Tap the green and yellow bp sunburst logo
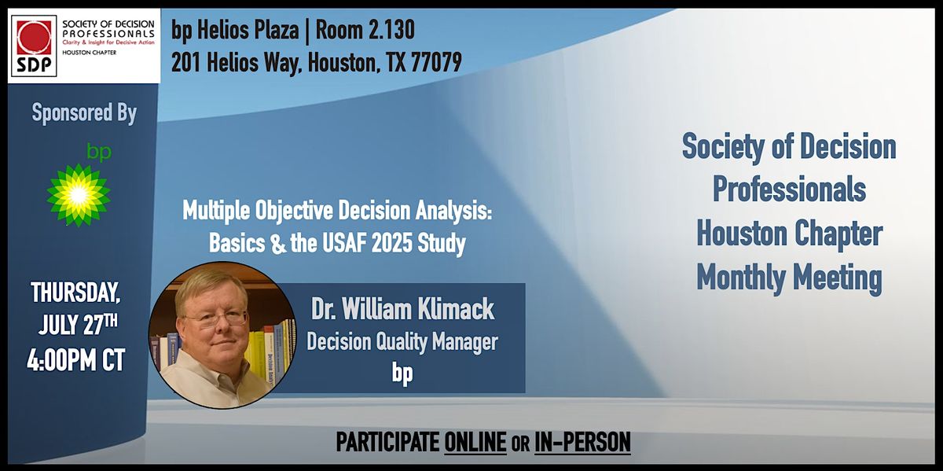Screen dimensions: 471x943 pos(79,194)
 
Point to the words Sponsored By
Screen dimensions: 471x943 pos(84,113)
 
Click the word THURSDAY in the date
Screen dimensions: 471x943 pos(76,293)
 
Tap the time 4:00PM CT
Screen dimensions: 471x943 pos(76,361)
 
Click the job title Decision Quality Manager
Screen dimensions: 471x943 pos(402,342)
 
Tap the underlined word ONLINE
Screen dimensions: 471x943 pos(475,443)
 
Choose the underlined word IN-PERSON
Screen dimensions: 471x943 pos(582,443)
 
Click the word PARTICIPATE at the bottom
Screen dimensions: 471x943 pos(387,443)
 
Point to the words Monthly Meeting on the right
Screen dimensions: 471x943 pos(788,278)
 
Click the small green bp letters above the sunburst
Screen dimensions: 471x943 pos(98,150)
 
